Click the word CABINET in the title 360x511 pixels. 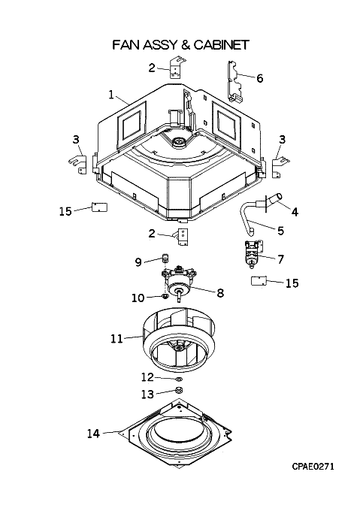[x=221, y=44]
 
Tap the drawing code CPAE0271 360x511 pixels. [x=313, y=467]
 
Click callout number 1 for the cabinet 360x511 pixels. [x=111, y=95]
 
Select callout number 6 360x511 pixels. [x=259, y=78]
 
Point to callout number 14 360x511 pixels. [x=93, y=434]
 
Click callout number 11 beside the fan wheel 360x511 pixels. [x=116, y=339]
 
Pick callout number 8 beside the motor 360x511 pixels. [x=220, y=292]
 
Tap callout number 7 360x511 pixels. [x=280, y=259]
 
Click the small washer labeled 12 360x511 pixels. [x=179, y=379]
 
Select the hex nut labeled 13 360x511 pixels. [x=179, y=390]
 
